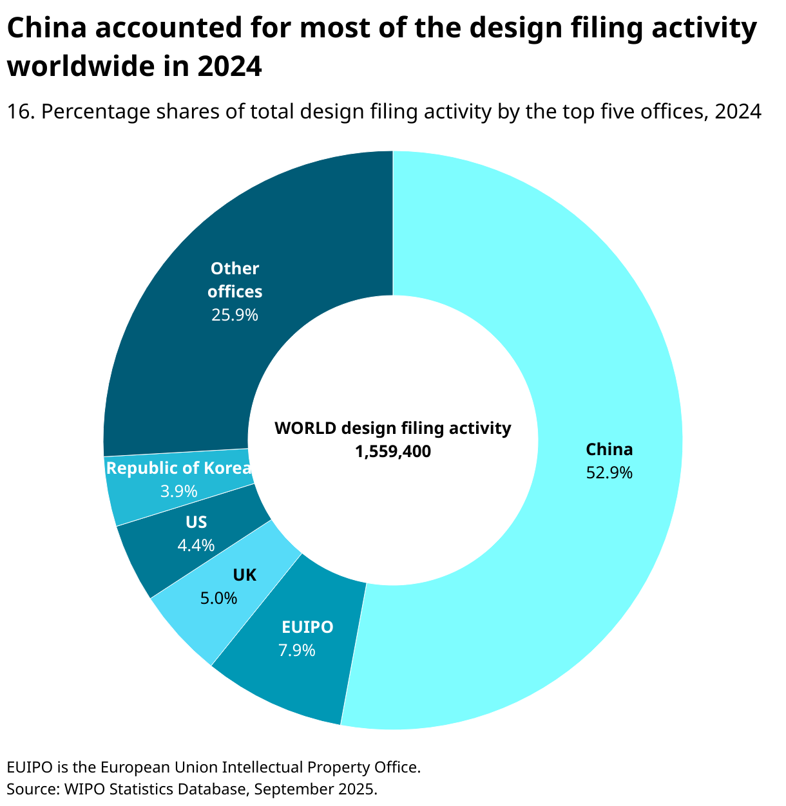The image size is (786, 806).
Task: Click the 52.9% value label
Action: click(609, 473)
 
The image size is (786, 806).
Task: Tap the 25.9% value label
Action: click(235, 315)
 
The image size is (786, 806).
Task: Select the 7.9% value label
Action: click(297, 650)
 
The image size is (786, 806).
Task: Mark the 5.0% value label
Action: click(218, 598)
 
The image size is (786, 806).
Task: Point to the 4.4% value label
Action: click(196, 545)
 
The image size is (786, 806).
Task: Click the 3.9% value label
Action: click(178, 491)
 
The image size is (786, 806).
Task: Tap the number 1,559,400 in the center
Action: click(392, 452)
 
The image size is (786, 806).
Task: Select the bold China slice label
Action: click(609, 449)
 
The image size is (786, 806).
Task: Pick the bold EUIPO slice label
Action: click(307, 626)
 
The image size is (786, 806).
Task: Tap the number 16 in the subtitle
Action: click(19, 112)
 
